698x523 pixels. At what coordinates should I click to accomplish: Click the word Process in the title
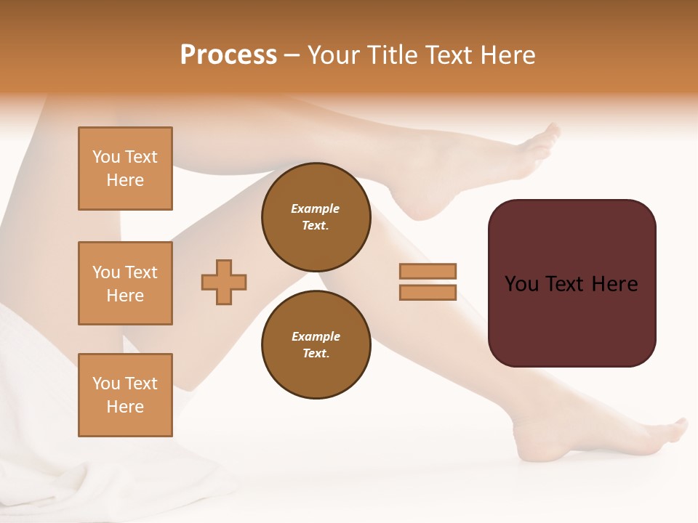coord(228,55)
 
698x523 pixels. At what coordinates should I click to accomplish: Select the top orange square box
coord(125,169)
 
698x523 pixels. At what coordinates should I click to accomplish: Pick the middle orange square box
coord(125,283)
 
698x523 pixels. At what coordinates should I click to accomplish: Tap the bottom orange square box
coord(125,395)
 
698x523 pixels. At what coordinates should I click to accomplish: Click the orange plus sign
coord(224,282)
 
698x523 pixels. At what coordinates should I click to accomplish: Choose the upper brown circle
coord(316,217)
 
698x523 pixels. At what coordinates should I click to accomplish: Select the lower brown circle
coord(316,345)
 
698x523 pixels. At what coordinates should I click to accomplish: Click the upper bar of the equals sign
coord(428,271)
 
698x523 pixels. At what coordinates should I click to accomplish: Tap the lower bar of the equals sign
coord(428,292)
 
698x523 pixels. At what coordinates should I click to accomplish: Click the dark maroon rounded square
coord(571,320)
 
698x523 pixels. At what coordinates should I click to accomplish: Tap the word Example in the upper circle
coord(316,208)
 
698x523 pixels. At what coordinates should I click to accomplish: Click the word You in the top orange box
coord(105,157)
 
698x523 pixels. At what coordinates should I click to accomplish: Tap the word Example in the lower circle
coord(316,336)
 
